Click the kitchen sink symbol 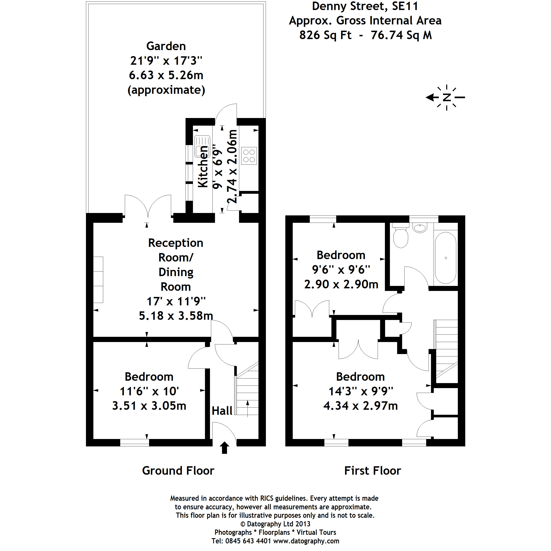pos(202,146)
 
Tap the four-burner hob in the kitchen pos(249,156)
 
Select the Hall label pos(222,411)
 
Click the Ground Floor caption pos(178,471)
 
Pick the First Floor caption pos(372,471)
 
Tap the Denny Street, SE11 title pos(365,6)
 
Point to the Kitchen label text pos(203,167)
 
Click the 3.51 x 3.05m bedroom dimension pos(149,406)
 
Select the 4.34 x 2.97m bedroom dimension pos(360,406)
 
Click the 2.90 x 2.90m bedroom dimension pos(341,284)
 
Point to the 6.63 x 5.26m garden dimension pos(166,75)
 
